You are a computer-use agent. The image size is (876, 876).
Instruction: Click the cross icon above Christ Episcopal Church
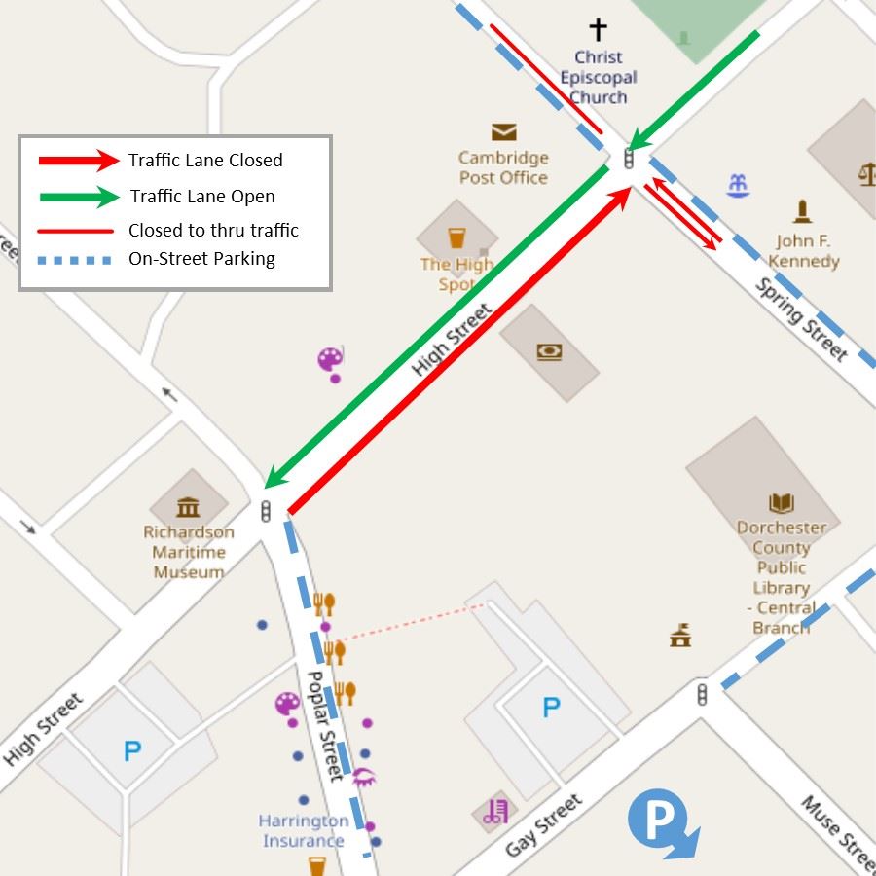[598, 29]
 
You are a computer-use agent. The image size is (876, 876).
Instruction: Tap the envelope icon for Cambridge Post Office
[503, 132]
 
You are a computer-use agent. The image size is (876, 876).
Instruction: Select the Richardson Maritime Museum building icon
[188, 506]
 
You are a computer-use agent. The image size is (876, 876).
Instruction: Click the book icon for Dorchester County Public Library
[782, 503]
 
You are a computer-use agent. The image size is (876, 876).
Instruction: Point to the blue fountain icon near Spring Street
[738, 185]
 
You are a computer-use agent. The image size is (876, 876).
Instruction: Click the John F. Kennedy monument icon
[802, 211]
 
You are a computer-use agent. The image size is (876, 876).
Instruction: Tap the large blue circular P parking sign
[663, 821]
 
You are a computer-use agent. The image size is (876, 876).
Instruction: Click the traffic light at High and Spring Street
[629, 159]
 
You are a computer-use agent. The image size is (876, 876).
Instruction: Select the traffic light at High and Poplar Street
[266, 510]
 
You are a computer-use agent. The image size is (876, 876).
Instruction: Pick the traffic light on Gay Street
[702, 694]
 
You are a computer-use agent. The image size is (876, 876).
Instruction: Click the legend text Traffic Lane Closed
[205, 161]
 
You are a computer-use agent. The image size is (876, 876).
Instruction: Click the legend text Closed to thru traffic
[213, 231]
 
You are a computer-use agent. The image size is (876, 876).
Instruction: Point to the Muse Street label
[836, 831]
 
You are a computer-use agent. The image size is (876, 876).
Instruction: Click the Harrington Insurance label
[302, 830]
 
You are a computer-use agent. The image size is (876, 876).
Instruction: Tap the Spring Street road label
[801, 318]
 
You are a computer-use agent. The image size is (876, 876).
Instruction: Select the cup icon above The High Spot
[456, 237]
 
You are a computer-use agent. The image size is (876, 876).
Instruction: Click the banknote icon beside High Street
[549, 352]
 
